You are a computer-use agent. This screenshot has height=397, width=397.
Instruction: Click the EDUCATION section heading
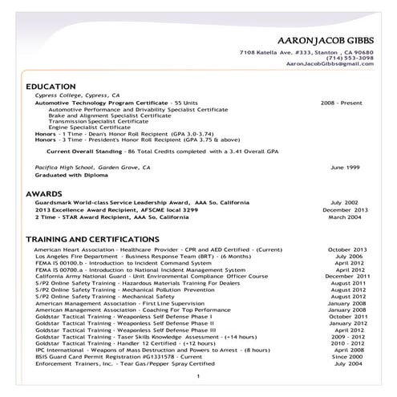(51, 86)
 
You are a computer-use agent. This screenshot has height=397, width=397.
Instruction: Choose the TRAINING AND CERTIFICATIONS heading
(91, 240)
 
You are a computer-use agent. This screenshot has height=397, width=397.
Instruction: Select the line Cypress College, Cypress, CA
(83, 95)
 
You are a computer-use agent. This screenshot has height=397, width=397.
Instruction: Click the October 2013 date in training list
(346, 249)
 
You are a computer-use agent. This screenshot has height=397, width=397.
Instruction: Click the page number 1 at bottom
(197, 376)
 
